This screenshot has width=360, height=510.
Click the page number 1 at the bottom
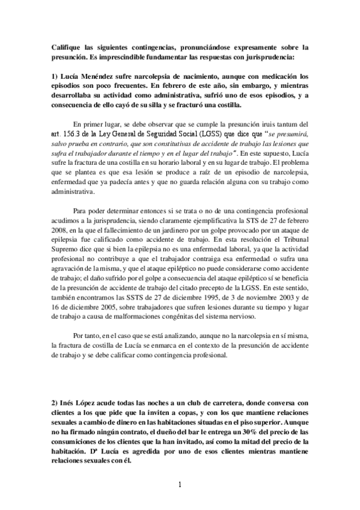(x=180, y=484)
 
